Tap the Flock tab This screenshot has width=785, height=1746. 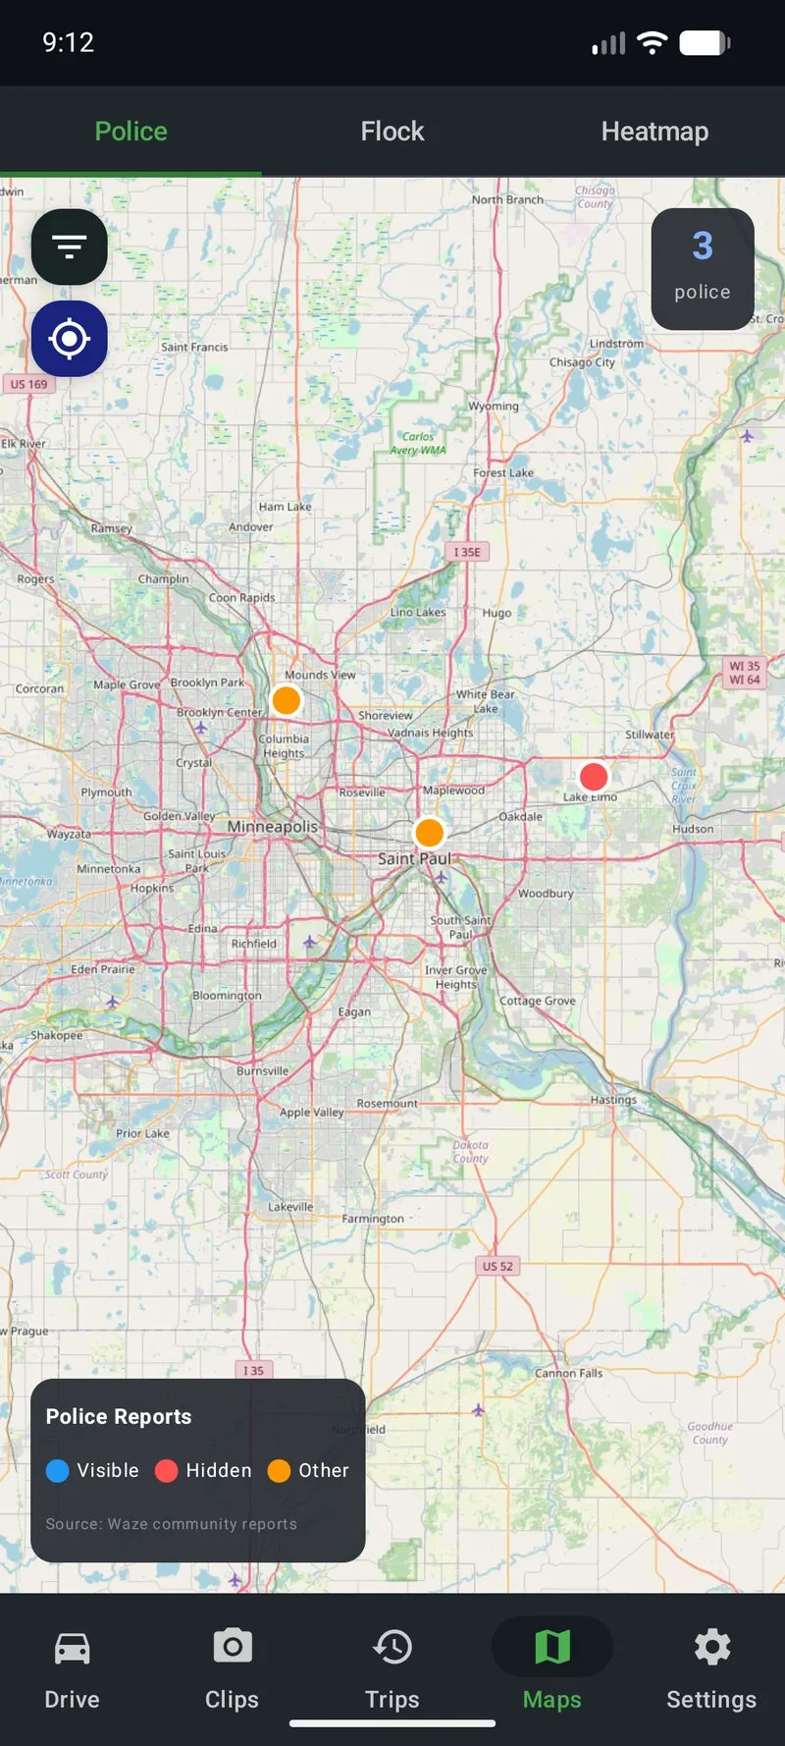392,131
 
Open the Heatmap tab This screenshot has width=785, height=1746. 654,131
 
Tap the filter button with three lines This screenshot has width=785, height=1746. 69,246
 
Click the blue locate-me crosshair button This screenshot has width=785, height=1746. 69,339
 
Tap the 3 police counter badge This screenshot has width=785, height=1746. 703,268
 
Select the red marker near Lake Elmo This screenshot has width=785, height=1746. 594,776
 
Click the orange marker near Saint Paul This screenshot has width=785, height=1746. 429,833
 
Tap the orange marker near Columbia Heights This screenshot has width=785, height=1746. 286,700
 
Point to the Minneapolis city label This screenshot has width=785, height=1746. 273,827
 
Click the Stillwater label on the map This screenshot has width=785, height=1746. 650,735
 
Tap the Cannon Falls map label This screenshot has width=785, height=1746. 568,1373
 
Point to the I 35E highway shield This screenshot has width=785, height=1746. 467,552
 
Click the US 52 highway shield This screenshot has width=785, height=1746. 497,1266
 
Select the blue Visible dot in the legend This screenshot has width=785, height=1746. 58,1470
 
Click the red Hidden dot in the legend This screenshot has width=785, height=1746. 167,1470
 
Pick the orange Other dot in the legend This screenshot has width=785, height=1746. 280,1470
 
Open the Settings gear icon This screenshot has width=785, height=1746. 711,1647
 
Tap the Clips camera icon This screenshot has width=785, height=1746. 233,1647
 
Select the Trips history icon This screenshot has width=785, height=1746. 392,1647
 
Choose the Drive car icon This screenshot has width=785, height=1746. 72,1647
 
